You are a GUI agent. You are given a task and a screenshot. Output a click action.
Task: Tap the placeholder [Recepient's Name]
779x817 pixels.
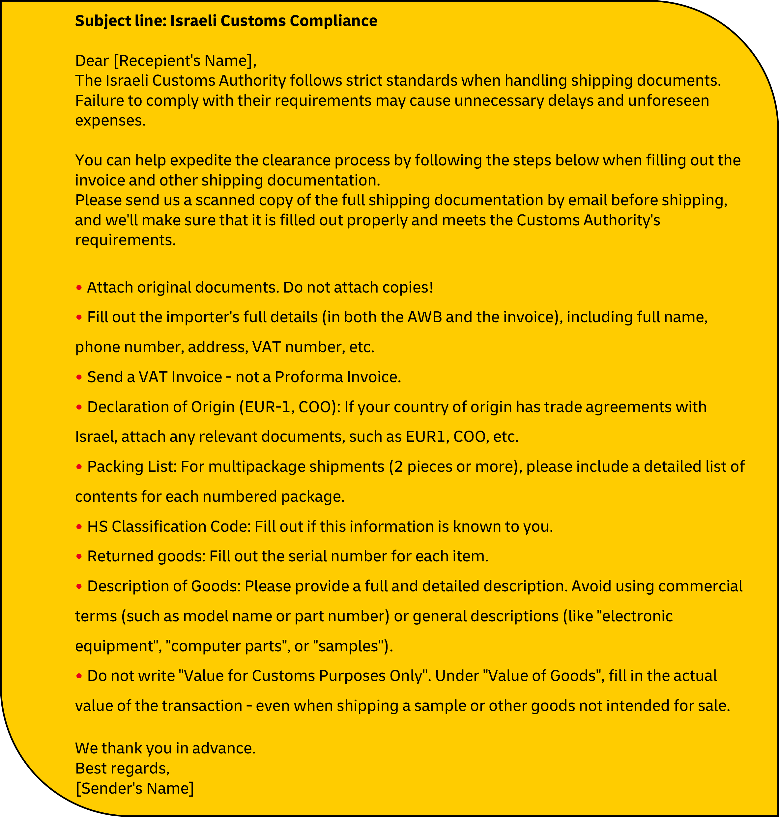click(x=184, y=61)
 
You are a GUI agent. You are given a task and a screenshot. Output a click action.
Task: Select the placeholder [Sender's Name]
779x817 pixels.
click(x=134, y=788)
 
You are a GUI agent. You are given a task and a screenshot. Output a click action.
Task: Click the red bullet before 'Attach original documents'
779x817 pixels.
click(x=79, y=288)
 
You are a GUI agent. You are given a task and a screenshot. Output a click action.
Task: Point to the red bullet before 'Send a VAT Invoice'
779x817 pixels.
click(x=79, y=377)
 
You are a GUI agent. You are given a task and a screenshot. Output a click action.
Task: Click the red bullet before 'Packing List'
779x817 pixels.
click(x=79, y=467)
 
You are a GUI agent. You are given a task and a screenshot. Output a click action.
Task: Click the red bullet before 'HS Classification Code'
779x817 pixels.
click(x=79, y=527)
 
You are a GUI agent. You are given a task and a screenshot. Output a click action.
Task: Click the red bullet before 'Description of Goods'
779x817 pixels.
click(x=79, y=587)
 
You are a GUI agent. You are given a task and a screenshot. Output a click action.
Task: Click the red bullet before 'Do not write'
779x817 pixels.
click(x=79, y=676)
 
